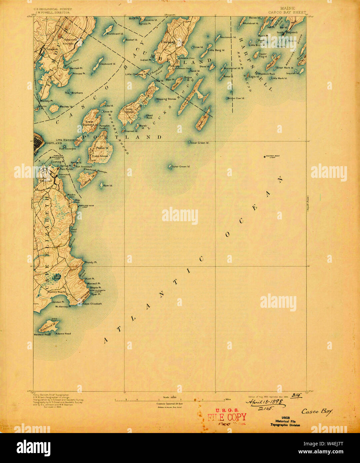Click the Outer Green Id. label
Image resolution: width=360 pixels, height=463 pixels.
[x=180, y=167]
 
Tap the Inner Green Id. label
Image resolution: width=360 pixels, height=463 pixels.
[x=199, y=143]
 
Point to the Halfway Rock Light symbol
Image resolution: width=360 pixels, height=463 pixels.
[x=265, y=156]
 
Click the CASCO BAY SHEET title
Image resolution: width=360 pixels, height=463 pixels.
[x=287, y=12]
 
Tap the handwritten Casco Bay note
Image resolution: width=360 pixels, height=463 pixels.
[x=317, y=411]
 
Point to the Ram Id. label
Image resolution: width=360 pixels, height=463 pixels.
[x=108, y=186]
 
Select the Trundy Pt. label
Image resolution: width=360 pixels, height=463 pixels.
[x=91, y=262]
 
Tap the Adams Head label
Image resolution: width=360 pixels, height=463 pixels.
[x=63, y=333]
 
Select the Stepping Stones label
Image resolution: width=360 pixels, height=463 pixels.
[x=166, y=99]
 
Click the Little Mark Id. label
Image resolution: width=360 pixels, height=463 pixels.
[x=279, y=78]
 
